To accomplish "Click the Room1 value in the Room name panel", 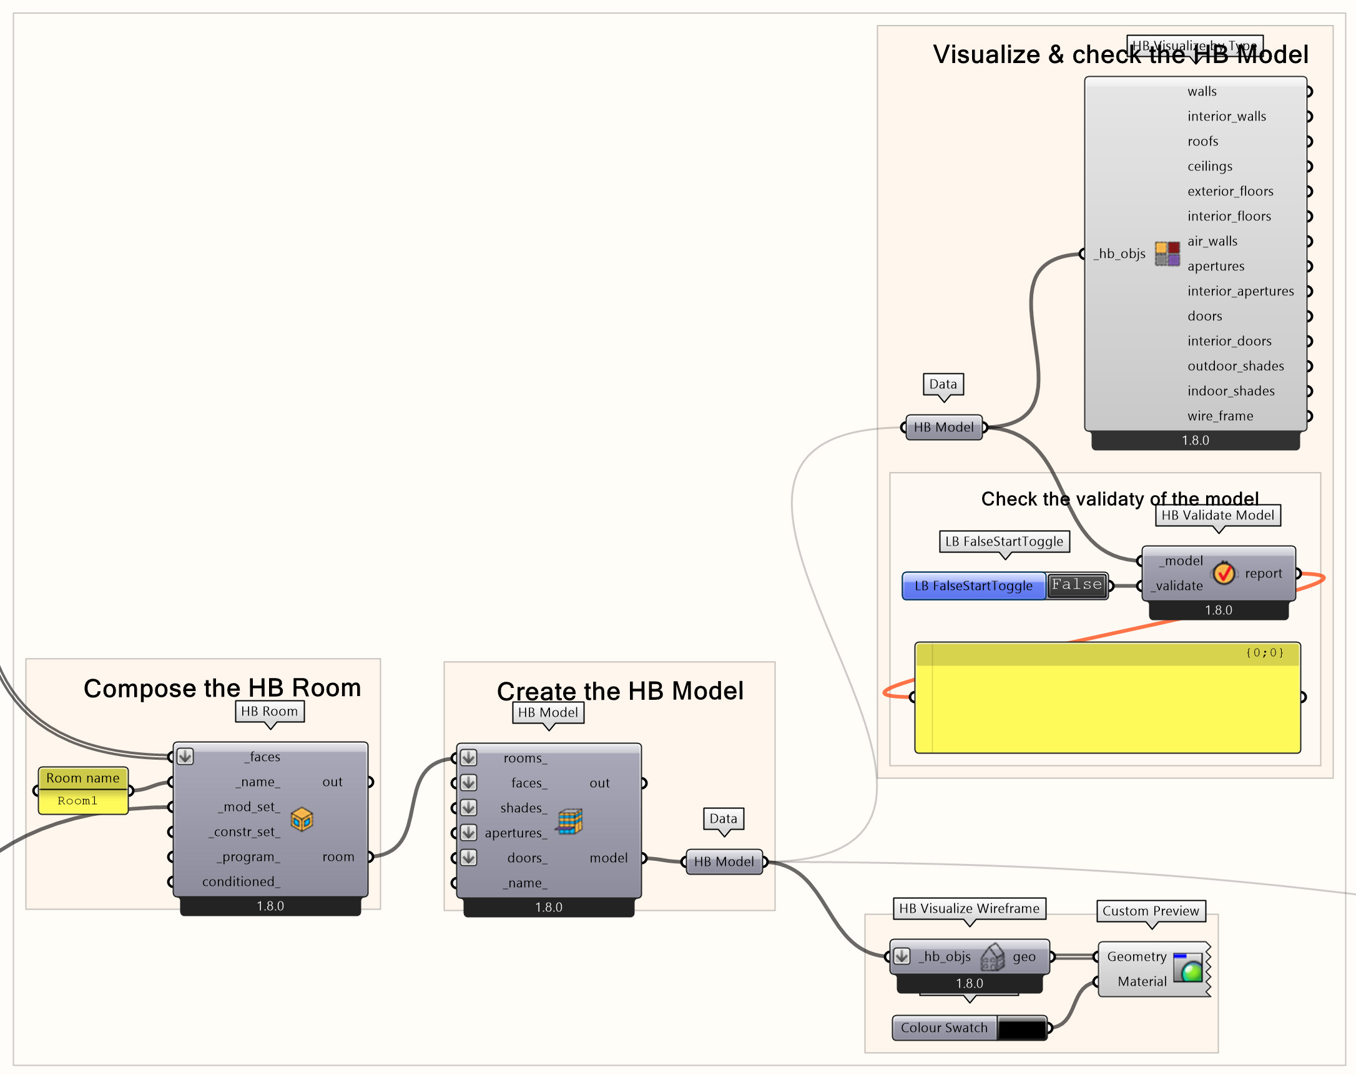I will pos(77,801).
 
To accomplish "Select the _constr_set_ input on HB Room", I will pos(244,832).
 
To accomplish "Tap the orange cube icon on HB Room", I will pos(302,819).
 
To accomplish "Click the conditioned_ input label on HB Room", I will pos(241,881).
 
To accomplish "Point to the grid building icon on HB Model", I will pos(570,821).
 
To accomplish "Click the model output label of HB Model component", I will pos(608,858).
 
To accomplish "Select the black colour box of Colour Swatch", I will pos(1021,1028).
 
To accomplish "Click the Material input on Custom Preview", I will pos(1141,981).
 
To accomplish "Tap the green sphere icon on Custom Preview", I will pos(1191,971).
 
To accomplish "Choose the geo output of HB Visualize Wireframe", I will pos(1024,957).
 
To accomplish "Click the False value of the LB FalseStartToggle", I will pos(1077,585).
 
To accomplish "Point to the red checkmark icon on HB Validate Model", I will pos(1224,573).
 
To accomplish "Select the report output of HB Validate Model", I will pos(1263,573).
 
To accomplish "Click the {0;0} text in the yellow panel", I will pos(1264,653).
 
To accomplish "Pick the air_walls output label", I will pos(1212,241).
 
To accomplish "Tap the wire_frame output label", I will pos(1220,416).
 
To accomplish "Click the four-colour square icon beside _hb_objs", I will pos(1167,253).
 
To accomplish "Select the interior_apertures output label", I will pos(1241,292).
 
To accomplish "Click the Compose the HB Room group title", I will pos(222,688).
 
